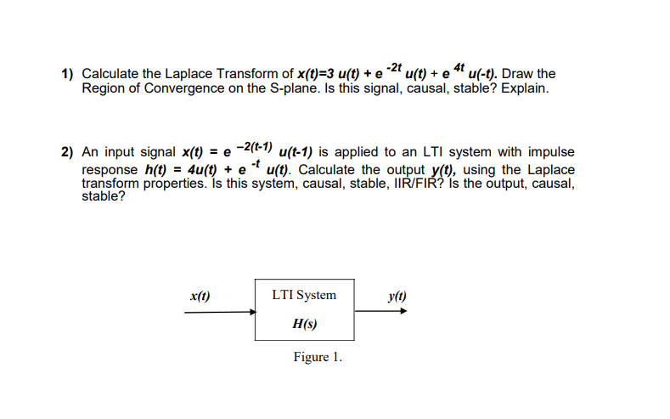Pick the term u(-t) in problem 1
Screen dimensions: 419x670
click(x=483, y=75)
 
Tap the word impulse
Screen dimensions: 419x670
click(x=552, y=152)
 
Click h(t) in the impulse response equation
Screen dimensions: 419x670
click(x=156, y=168)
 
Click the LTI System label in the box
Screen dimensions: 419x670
click(x=304, y=295)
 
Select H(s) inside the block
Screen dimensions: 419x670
click(x=304, y=324)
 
